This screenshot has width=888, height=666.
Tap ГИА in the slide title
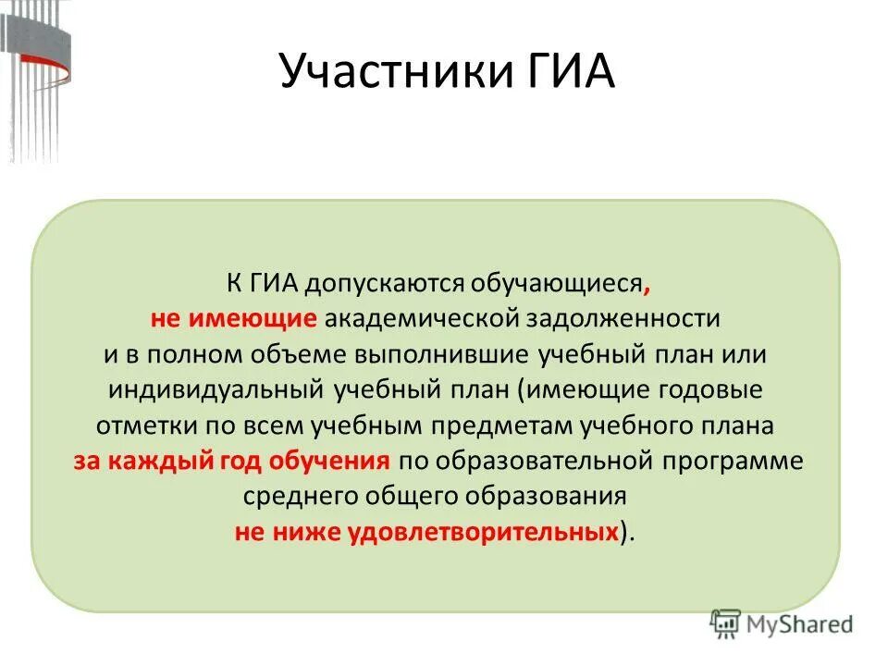(x=564, y=72)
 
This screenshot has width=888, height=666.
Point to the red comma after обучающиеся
(x=636, y=287)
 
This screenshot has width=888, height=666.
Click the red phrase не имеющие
(x=235, y=318)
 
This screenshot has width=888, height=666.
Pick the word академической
(x=421, y=318)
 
